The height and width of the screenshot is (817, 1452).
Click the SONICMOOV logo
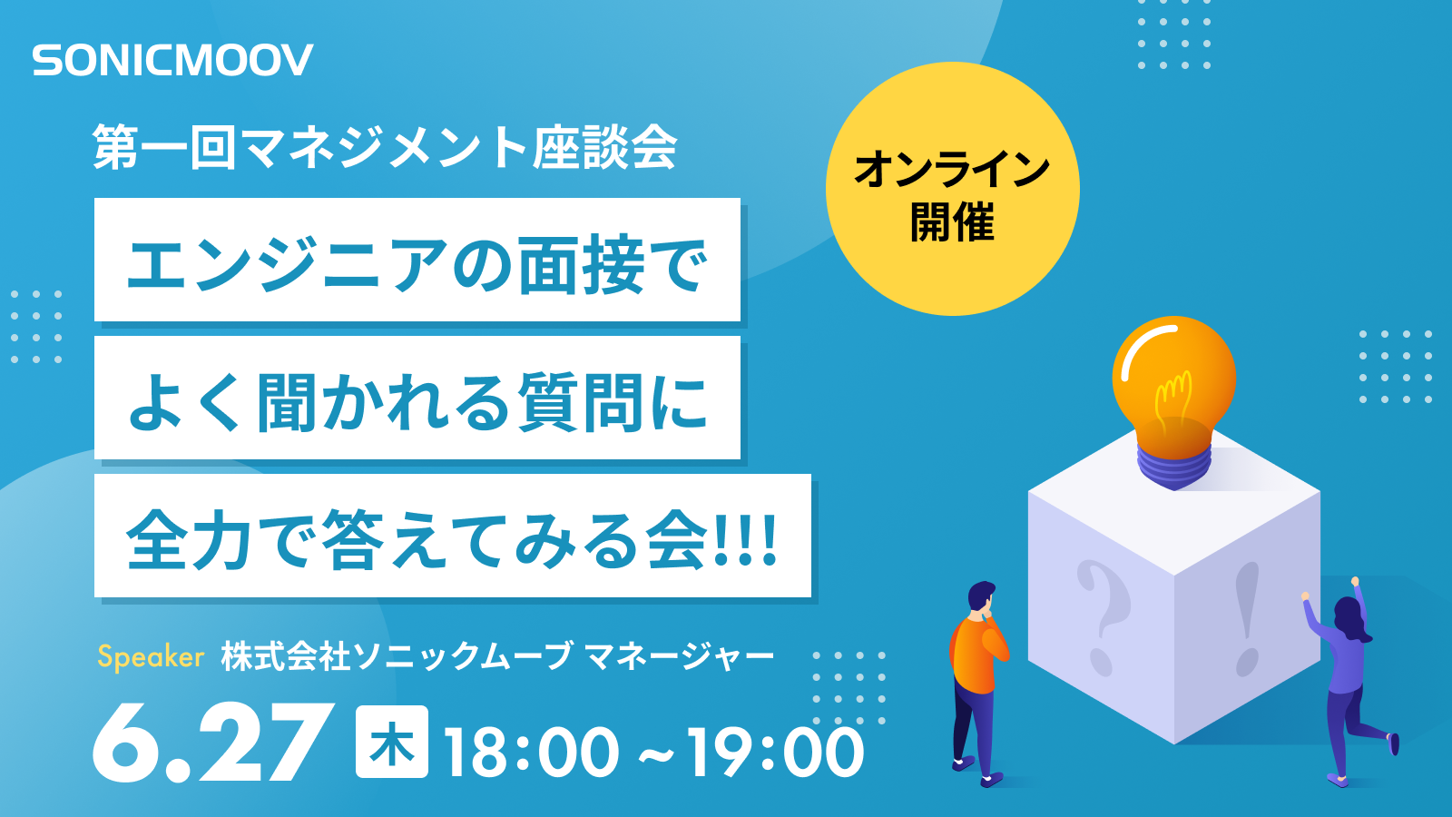[x=172, y=61]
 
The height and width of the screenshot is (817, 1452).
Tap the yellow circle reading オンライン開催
[x=952, y=189]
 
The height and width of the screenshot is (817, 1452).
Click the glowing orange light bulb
[x=1173, y=381]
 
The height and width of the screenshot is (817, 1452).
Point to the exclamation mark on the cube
[x=1248, y=617]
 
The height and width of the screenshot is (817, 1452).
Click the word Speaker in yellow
[x=151, y=656]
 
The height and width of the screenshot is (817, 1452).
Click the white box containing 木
[x=391, y=742]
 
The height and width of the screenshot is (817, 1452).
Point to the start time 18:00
[x=531, y=752]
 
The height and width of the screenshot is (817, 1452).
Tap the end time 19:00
[x=774, y=752]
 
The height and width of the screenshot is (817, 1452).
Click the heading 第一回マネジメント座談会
[x=385, y=147]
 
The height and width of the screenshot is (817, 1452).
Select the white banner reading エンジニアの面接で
[x=417, y=261]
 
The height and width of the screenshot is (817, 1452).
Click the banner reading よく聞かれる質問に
[x=417, y=399]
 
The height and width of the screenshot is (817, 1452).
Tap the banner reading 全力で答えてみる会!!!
[x=452, y=536]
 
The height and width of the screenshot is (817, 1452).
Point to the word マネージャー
[x=679, y=656]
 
